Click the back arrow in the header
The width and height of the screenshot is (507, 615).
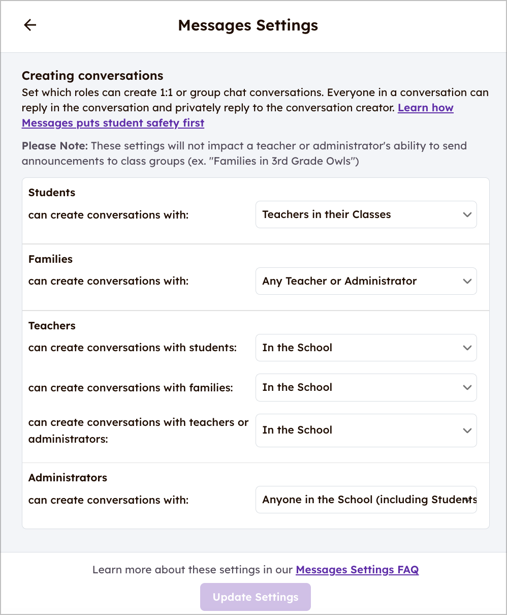click(x=30, y=25)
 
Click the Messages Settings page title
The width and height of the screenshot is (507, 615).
click(x=248, y=25)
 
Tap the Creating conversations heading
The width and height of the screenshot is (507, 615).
click(x=92, y=76)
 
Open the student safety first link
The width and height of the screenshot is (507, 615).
click(x=113, y=123)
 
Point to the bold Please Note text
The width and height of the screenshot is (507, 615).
click(x=55, y=146)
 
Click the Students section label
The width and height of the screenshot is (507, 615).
click(x=52, y=193)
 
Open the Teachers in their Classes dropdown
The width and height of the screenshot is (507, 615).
click(x=366, y=214)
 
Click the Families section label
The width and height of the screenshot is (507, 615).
click(x=50, y=259)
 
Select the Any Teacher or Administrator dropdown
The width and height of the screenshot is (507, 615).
click(x=366, y=281)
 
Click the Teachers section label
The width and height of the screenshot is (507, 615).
click(x=52, y=326)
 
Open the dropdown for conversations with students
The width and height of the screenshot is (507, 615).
click(x=366, y=348)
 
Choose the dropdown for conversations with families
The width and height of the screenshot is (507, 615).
click(x=366, y=387)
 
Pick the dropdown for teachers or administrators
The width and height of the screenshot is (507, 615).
click(x=366, y=430)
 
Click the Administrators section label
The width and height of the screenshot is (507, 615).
click(x=68, y=478)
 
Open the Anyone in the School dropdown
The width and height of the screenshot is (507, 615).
click(x=366, y=500)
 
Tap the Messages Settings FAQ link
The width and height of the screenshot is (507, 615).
click(x=357, y=570)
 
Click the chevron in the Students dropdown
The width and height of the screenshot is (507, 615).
click(x=467, y=214)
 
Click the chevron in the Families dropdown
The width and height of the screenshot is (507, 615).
click(x=467, y=281)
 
